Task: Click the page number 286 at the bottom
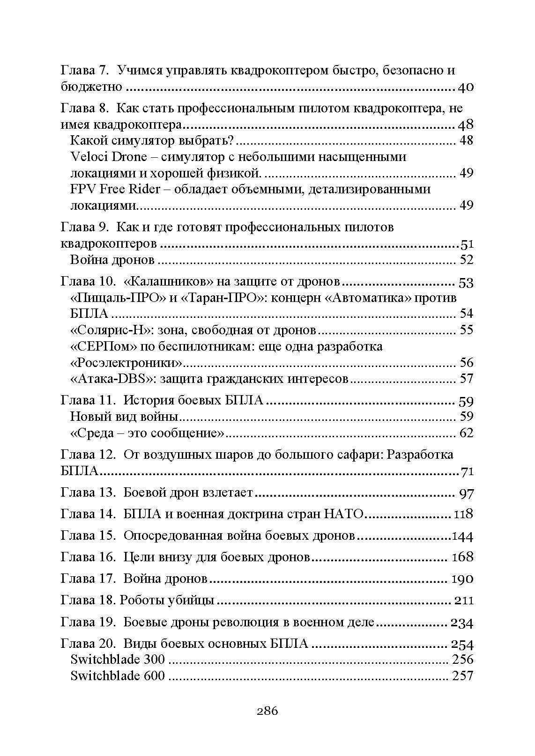[267, 712]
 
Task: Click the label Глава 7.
[85, 71]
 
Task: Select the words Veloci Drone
[108, 156]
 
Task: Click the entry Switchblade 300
[118, 660]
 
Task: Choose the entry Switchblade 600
[118, 676]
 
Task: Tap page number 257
[462, 676]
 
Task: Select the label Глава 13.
[88, 492]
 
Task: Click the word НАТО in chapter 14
[343, 514]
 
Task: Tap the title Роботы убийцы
[167, 601]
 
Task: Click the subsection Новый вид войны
[124, 416]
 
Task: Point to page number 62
[466, 433]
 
